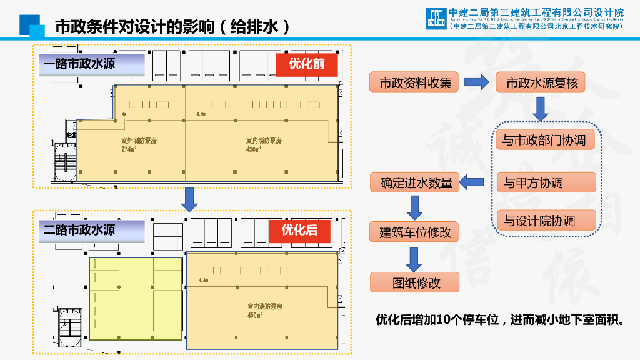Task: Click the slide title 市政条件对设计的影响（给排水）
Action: coord(172,27)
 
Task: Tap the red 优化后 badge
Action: coord(299,231)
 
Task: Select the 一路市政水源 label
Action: coord(79,64)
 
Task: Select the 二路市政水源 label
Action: coord(79,230)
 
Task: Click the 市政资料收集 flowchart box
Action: coord(415,82)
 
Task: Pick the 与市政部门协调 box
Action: coord(544,140)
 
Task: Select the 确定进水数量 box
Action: coord(415,182)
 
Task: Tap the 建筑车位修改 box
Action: coord(415,232)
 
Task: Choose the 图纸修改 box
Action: coord(415,282)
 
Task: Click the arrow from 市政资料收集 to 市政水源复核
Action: coord(477,82)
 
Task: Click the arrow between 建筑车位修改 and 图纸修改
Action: coord(414,258)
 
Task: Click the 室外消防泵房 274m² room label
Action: coord(139,144)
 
